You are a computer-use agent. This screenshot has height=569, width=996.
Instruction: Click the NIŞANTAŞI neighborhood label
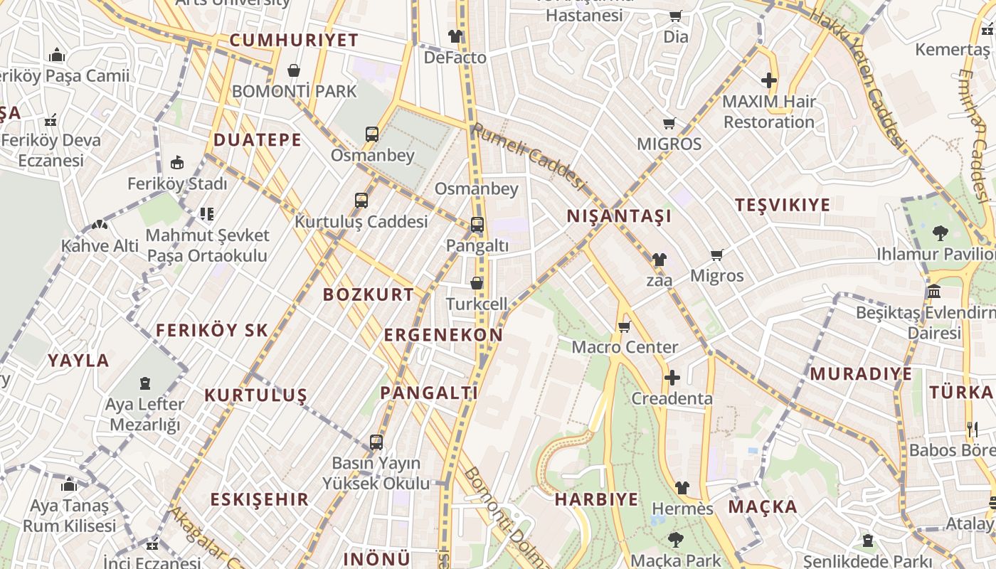tap(619, 216)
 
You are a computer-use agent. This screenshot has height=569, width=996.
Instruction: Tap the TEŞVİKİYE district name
tap(783, 205)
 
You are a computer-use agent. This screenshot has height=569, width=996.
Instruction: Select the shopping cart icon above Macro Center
tap(624, 326)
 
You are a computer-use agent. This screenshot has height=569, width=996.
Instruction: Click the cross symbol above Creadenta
tap(672, 378)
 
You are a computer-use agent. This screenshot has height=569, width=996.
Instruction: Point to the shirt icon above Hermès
tap(682, 488)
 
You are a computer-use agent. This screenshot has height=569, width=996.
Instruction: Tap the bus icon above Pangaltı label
tap(477, 225)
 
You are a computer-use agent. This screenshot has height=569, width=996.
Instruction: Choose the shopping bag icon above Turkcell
tap(477, 283)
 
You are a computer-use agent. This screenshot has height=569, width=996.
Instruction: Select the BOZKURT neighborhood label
tap(368, 294)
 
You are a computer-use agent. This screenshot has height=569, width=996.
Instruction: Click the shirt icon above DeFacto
tap(455, 36)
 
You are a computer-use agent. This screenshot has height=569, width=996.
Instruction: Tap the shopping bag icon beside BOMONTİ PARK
tap(293, 70)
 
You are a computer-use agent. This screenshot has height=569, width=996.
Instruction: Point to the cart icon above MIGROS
tap(669, 124)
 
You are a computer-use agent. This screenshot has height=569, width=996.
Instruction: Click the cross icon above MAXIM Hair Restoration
tap(769, 80)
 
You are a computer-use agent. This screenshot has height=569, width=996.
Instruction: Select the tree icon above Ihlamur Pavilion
tap(940, 232)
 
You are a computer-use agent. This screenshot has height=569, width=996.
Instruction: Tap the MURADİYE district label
tap(861, 373)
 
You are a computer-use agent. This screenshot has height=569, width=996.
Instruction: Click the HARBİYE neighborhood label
tap(596, 499)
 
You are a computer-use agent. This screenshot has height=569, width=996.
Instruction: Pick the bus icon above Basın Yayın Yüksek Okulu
tap(376, 442)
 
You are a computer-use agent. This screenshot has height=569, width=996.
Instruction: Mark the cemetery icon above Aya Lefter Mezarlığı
tap(145, 383)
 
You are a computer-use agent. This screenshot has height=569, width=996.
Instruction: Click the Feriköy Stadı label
tap(177, 184)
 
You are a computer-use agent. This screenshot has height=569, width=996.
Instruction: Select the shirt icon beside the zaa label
tap(659, 260)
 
